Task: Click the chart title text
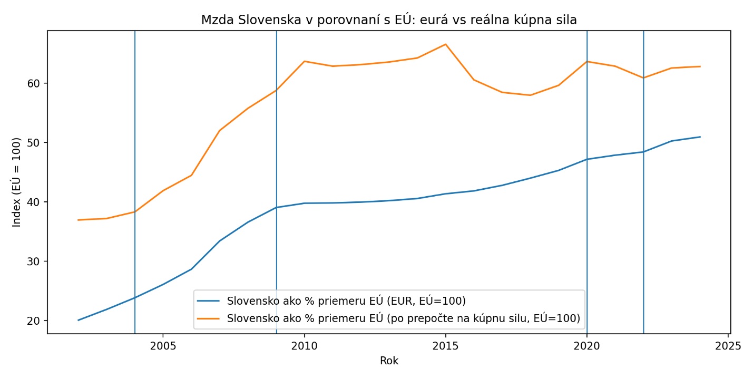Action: click(x=389, y=20)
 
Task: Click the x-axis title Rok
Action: click(x=389, y=361)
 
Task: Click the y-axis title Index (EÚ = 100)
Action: click(x=17, y=182)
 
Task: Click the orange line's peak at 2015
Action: click(x=445, y=44)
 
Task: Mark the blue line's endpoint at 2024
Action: click(x=700, y=137)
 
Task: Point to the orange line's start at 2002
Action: click(x=79, y=220)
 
